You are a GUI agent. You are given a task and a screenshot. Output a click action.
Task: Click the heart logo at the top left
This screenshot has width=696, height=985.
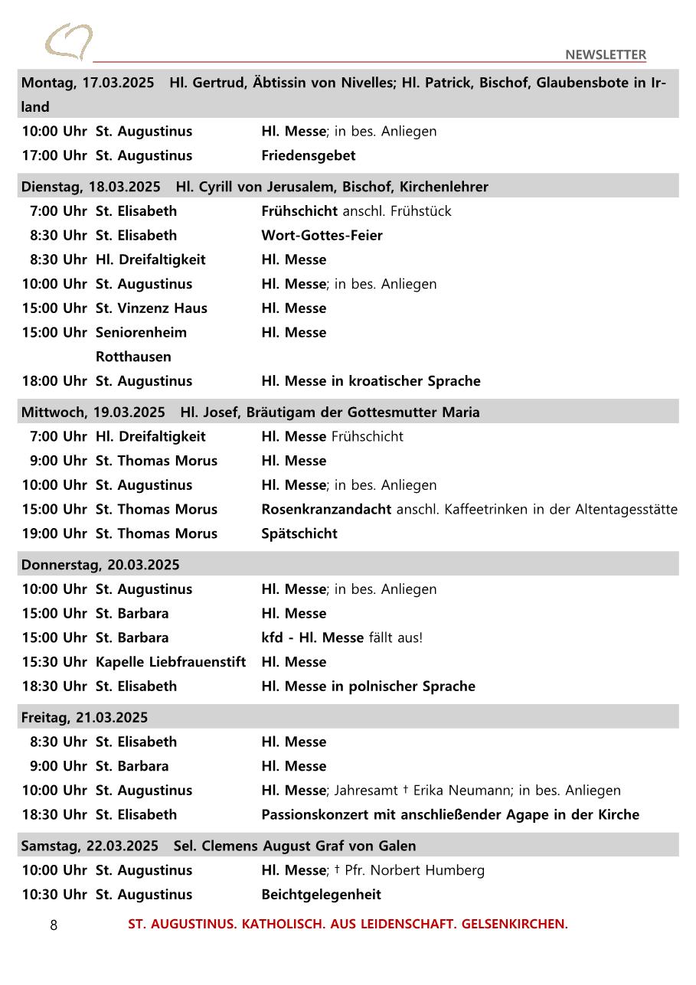[x=68, y=41]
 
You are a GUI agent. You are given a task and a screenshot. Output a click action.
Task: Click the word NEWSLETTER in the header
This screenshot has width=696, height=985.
[x=605, y=54]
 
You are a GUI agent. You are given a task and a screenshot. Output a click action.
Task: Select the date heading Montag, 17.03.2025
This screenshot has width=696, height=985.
[x=87, y=83]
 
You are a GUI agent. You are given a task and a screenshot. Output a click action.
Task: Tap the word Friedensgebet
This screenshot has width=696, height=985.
[x=308, y=155]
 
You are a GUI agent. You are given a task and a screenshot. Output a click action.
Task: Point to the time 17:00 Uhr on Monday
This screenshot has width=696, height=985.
[x=54, y=155]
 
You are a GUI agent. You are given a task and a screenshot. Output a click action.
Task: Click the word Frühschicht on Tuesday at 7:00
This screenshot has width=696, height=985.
[x=299, y=210]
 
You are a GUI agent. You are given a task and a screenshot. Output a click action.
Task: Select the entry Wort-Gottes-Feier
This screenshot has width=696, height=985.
[x=322, y=235]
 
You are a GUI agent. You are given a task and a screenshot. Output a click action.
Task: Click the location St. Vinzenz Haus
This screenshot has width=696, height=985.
[x=151, y=308]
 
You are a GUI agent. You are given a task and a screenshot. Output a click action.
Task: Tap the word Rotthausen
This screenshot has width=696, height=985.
[x=133, y=357]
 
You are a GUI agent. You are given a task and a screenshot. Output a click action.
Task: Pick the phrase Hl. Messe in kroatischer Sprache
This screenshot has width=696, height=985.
[x=371, y=381]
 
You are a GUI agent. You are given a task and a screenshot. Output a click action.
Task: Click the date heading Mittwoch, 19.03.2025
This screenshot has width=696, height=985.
[x=93, y=413]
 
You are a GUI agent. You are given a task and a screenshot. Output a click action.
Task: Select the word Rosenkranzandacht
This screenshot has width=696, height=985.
[x=326, y=509]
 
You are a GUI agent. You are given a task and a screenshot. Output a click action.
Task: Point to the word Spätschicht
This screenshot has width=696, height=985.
[x=299, y=533]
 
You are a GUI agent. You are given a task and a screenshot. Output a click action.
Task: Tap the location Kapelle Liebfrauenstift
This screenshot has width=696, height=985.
[x=171, y=662]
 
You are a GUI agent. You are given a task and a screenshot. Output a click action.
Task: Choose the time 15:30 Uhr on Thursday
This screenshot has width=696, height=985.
[x=54, y=662]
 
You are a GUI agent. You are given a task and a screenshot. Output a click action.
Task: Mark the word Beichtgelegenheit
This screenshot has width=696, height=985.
[x=321, y=895]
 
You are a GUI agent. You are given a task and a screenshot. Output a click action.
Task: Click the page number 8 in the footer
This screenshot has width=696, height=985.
[x=54, y=925]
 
